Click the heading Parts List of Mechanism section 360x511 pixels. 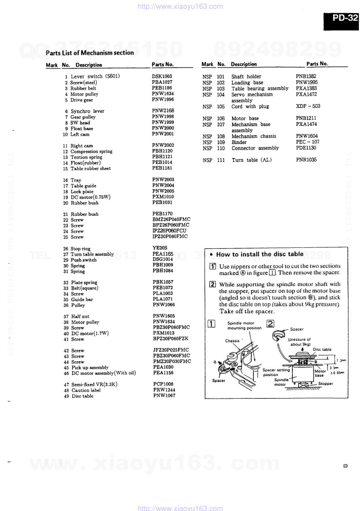pos(90,53)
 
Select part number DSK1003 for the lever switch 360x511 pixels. pos(162,76)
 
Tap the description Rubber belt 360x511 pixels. pos(83,88)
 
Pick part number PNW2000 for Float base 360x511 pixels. pos(163,128)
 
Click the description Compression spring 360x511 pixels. pos(91,151)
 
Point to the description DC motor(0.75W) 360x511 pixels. pos(90,197)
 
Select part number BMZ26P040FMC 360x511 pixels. pos(171,219)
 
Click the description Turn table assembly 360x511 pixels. pos(92,254)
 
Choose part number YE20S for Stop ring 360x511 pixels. pos(160,248)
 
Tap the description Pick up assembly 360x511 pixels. pos(90,367)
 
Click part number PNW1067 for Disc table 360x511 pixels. pos(164,396)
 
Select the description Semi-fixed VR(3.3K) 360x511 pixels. pos(94,385)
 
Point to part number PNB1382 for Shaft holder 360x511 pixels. pos(306,76)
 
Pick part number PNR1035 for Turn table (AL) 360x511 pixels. pos(306,160)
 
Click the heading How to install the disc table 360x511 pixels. pos(260,254)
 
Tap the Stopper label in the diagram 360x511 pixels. pos(326,383)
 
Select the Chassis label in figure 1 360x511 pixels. pos(232,341)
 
